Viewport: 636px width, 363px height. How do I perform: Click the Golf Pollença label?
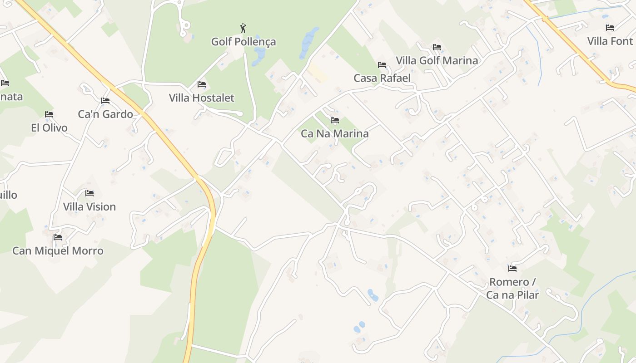pyautogui.click(x=243, y=42)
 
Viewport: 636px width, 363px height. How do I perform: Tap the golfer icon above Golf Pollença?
pyautogui.click(x=243, y=29)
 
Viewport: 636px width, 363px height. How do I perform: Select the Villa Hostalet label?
pyautogui.click(x=202, y=98)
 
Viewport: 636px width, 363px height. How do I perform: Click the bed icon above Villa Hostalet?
pyautogui.click(x=202, y=84)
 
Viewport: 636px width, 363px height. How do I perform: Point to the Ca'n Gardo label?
pyautogui.click(x=105, y=114)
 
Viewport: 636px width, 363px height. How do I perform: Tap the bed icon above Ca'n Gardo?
pyautogui.click(x=105, y=101)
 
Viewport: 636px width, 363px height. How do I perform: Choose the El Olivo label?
pyautogui.click(x=49, y=128)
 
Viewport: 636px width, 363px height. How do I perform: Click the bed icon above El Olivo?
pyautogui.click(x=49, y=114)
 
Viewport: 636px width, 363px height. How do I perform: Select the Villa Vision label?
pyautogui.click(x=89, y=206)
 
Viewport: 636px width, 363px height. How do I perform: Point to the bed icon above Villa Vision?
pyautogui.click(x=89, y=193)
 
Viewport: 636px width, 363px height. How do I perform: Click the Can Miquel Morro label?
pyautogui.click(x=58, y=250)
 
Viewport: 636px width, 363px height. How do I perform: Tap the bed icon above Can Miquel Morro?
pyautogui.click(x=58, y=237)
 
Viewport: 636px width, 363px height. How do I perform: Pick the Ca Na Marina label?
pyautogui.click(x=335, y=134)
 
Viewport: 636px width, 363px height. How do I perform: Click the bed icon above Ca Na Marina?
pyautogui.click(x=335, y=120)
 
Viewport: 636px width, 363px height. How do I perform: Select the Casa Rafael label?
pyautogui.click(x=382, y=78)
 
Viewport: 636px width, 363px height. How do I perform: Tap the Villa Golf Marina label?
pyautogui.click(x=437, y=60)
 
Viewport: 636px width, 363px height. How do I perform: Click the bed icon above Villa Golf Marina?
pyautogui.click(x=437, y=47)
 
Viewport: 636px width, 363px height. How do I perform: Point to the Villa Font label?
pyautogui.click(x=610, y=41)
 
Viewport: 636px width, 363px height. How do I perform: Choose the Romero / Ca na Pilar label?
pyautogui.click(x=512, y=289)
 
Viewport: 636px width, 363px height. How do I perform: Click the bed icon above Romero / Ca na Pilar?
pyautogui.click(x=512, y=269)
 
